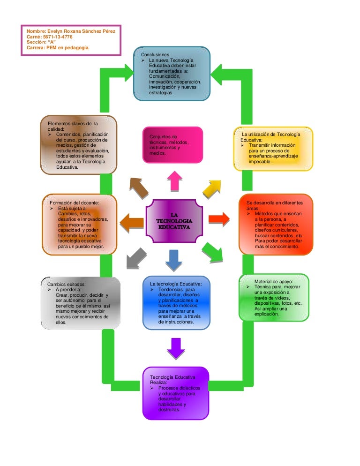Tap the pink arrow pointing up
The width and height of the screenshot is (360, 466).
(x=175, y=180)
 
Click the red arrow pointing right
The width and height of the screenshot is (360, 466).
(x=218, y=218)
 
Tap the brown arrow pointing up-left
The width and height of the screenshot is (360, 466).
(x=138, y=188)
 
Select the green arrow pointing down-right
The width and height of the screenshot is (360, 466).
(x=212, y=252)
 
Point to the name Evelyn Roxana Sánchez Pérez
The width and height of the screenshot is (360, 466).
(x=75, y=31)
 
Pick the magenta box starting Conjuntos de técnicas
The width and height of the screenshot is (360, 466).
(x=172, y=145)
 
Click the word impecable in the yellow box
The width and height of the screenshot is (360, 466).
(x=260, y=161)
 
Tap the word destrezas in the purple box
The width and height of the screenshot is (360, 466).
(x=169, y=410)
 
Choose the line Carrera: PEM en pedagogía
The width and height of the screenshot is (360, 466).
(x=58, y=47)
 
